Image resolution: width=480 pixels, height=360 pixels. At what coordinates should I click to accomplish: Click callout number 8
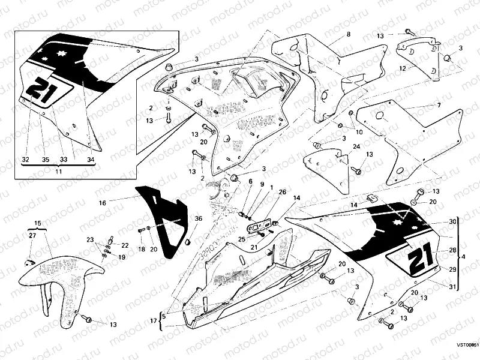pos(348,35)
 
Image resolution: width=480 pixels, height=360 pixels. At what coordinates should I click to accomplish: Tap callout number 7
pos(439,105)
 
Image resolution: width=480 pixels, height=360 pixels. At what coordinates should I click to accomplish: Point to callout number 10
pos(359,131)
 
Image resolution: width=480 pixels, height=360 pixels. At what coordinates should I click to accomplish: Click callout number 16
pos(103,203)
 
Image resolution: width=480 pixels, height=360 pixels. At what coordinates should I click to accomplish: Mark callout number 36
pos(199,218)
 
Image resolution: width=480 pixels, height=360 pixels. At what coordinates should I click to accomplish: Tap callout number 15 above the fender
pos(37,223)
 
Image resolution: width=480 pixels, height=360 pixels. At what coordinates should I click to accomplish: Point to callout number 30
pos(453,222)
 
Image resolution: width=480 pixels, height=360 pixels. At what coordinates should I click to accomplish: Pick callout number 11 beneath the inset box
pos(59,172)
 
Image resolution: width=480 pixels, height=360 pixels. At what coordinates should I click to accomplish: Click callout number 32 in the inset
pos(25,160)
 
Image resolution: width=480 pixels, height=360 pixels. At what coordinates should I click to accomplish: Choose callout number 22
pos(125,245)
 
